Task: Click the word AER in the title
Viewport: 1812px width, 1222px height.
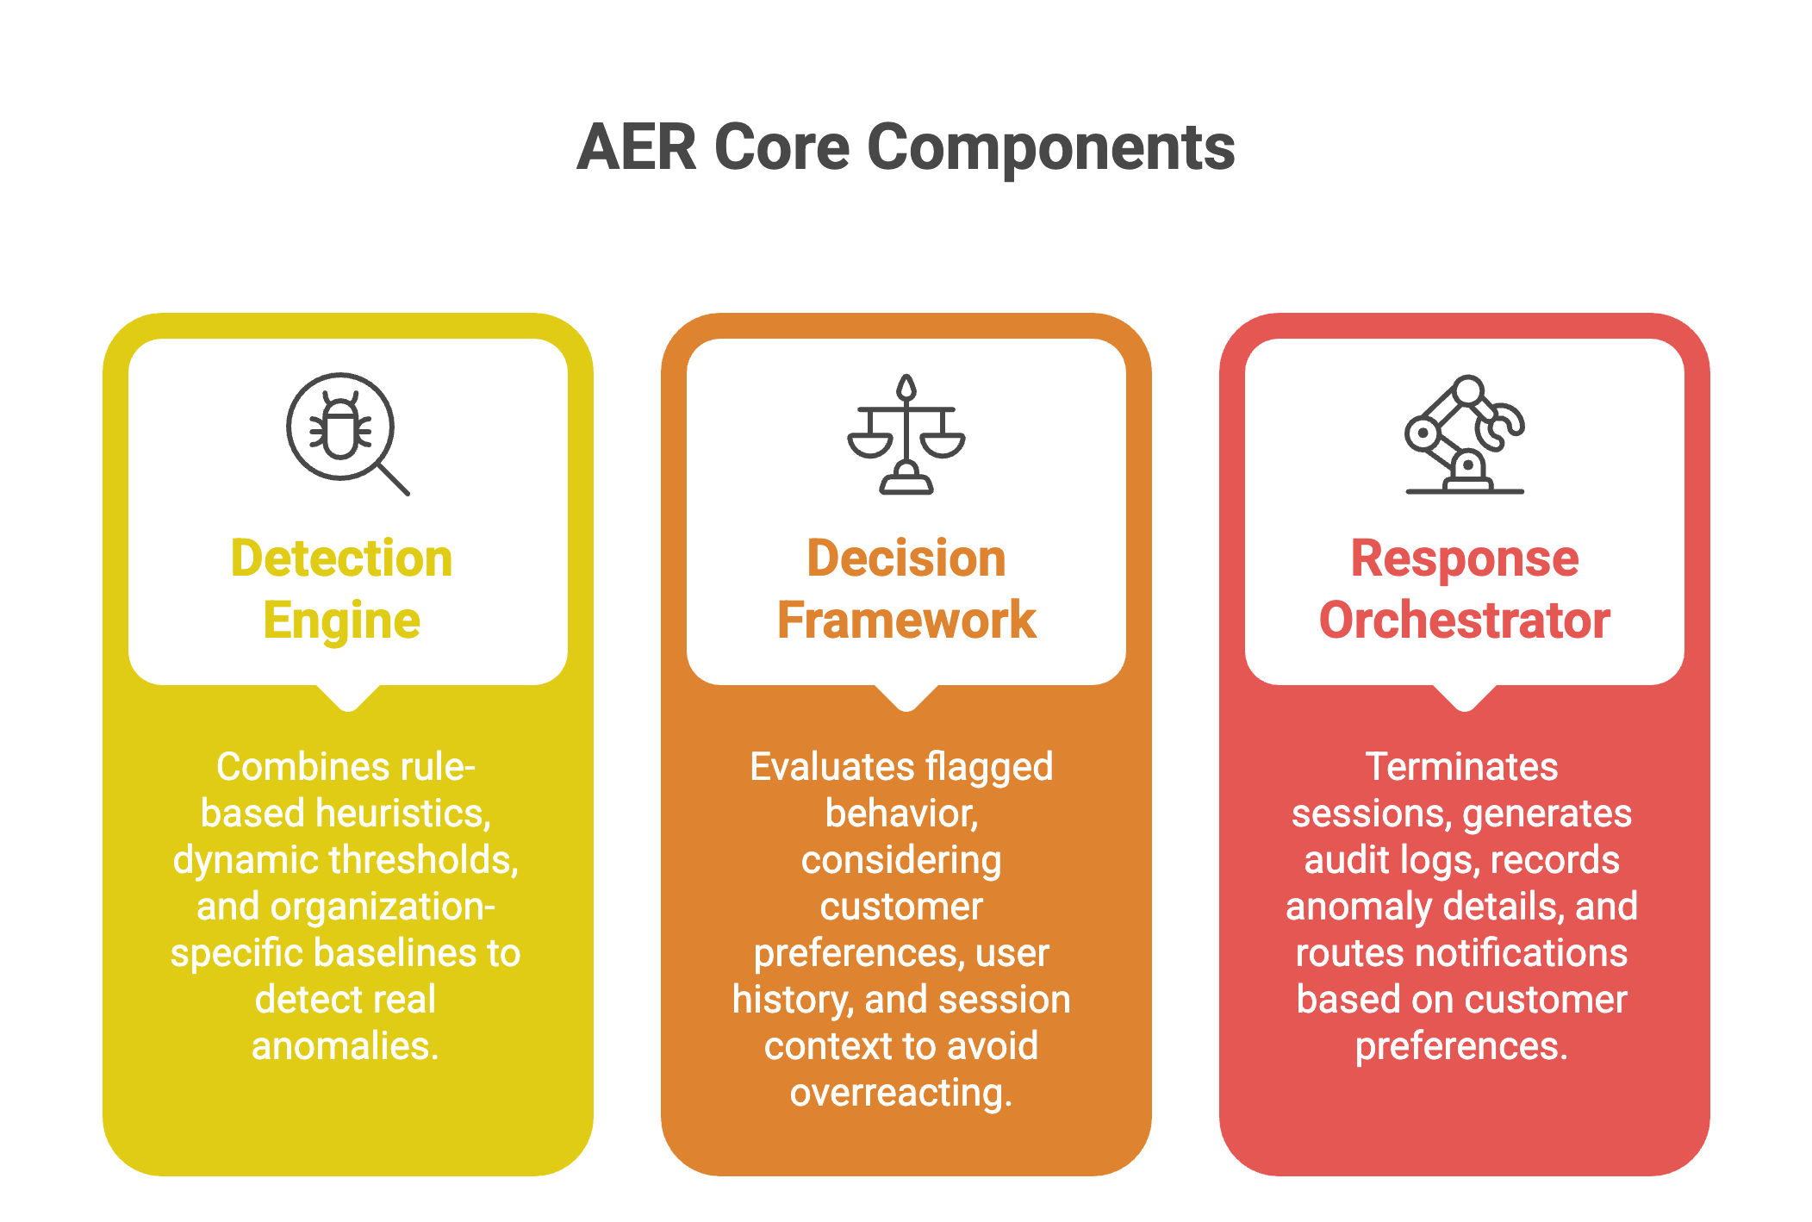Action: point(637,147)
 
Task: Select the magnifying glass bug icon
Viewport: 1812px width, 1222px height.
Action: point(347,433)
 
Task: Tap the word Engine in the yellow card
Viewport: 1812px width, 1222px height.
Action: point(341,621)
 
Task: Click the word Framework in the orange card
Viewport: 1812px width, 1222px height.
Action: point(906,620)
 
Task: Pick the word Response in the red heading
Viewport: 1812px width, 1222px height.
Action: point(1465,559)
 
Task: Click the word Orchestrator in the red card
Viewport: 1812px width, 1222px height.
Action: point(1465,620)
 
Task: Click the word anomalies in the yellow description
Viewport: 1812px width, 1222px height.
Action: point(346,1045)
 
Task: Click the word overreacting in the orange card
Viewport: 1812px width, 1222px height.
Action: point(901,1094)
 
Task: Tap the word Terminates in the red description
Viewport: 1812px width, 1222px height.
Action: point(1462,766)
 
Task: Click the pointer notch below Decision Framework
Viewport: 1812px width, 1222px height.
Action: point(906,697)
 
